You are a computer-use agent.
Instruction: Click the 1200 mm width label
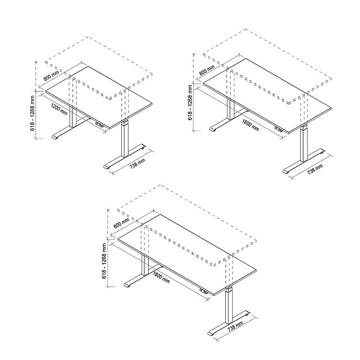[59, 109]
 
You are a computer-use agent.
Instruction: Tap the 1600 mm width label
[251, 125]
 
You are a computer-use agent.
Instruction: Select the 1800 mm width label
[161, 277]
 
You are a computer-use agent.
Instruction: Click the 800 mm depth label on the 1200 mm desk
[51, 75]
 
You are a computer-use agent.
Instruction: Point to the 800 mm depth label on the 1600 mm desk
[207, 70]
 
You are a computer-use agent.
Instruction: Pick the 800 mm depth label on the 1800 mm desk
[121, 223]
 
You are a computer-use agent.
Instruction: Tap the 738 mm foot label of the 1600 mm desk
[315, 170]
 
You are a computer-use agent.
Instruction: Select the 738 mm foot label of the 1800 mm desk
[235, 326]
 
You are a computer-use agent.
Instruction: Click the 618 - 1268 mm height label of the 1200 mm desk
[32, 113]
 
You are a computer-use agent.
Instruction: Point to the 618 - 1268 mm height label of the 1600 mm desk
[190, 102]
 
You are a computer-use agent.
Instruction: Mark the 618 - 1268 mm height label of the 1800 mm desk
[104, 261]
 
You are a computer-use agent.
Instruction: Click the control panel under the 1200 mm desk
[99, 124]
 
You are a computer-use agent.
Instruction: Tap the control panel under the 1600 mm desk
[278, 129]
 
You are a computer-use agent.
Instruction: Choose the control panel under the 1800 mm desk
[203, 291]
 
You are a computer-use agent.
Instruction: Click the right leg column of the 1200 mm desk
[124, 139]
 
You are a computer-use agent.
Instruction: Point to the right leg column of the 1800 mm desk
[229, 306]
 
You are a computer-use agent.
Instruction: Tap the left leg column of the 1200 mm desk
[73, 117]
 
